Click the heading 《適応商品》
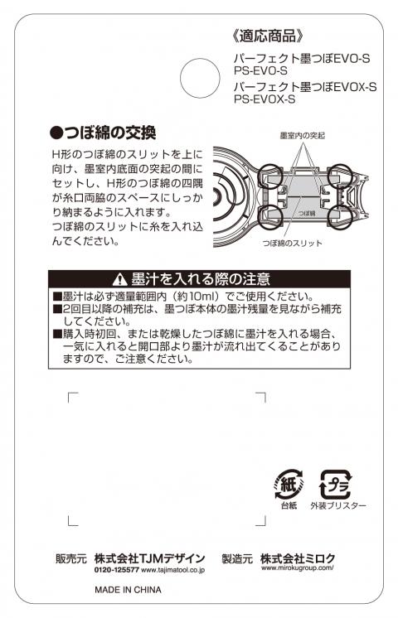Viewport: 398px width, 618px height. click(268, 36)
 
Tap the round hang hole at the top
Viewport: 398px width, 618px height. click(200, 78)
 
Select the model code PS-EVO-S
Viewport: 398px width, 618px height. click(260, 71)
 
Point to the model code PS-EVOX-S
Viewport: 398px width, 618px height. click(265, 99)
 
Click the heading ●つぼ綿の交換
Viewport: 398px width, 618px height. click(104, 133)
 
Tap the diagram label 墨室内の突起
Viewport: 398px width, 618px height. click(302, 136)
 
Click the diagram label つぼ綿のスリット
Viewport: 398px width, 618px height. click(293, 244)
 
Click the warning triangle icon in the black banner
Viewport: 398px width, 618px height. click(119, 280)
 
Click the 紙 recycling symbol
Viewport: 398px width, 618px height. click(289, 484)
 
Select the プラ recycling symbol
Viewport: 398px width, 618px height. click(335, 484)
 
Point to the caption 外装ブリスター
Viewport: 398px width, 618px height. click(338, 505)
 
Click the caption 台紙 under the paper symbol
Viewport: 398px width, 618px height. click(289, 505)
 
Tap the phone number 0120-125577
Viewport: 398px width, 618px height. click(117, 570)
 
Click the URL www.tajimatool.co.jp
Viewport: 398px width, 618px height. click(172, 570)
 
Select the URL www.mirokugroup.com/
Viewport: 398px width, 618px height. click(298, 568)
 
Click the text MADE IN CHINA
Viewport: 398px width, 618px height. click(128, 590)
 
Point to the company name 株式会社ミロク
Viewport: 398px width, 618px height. click(298, 558)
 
